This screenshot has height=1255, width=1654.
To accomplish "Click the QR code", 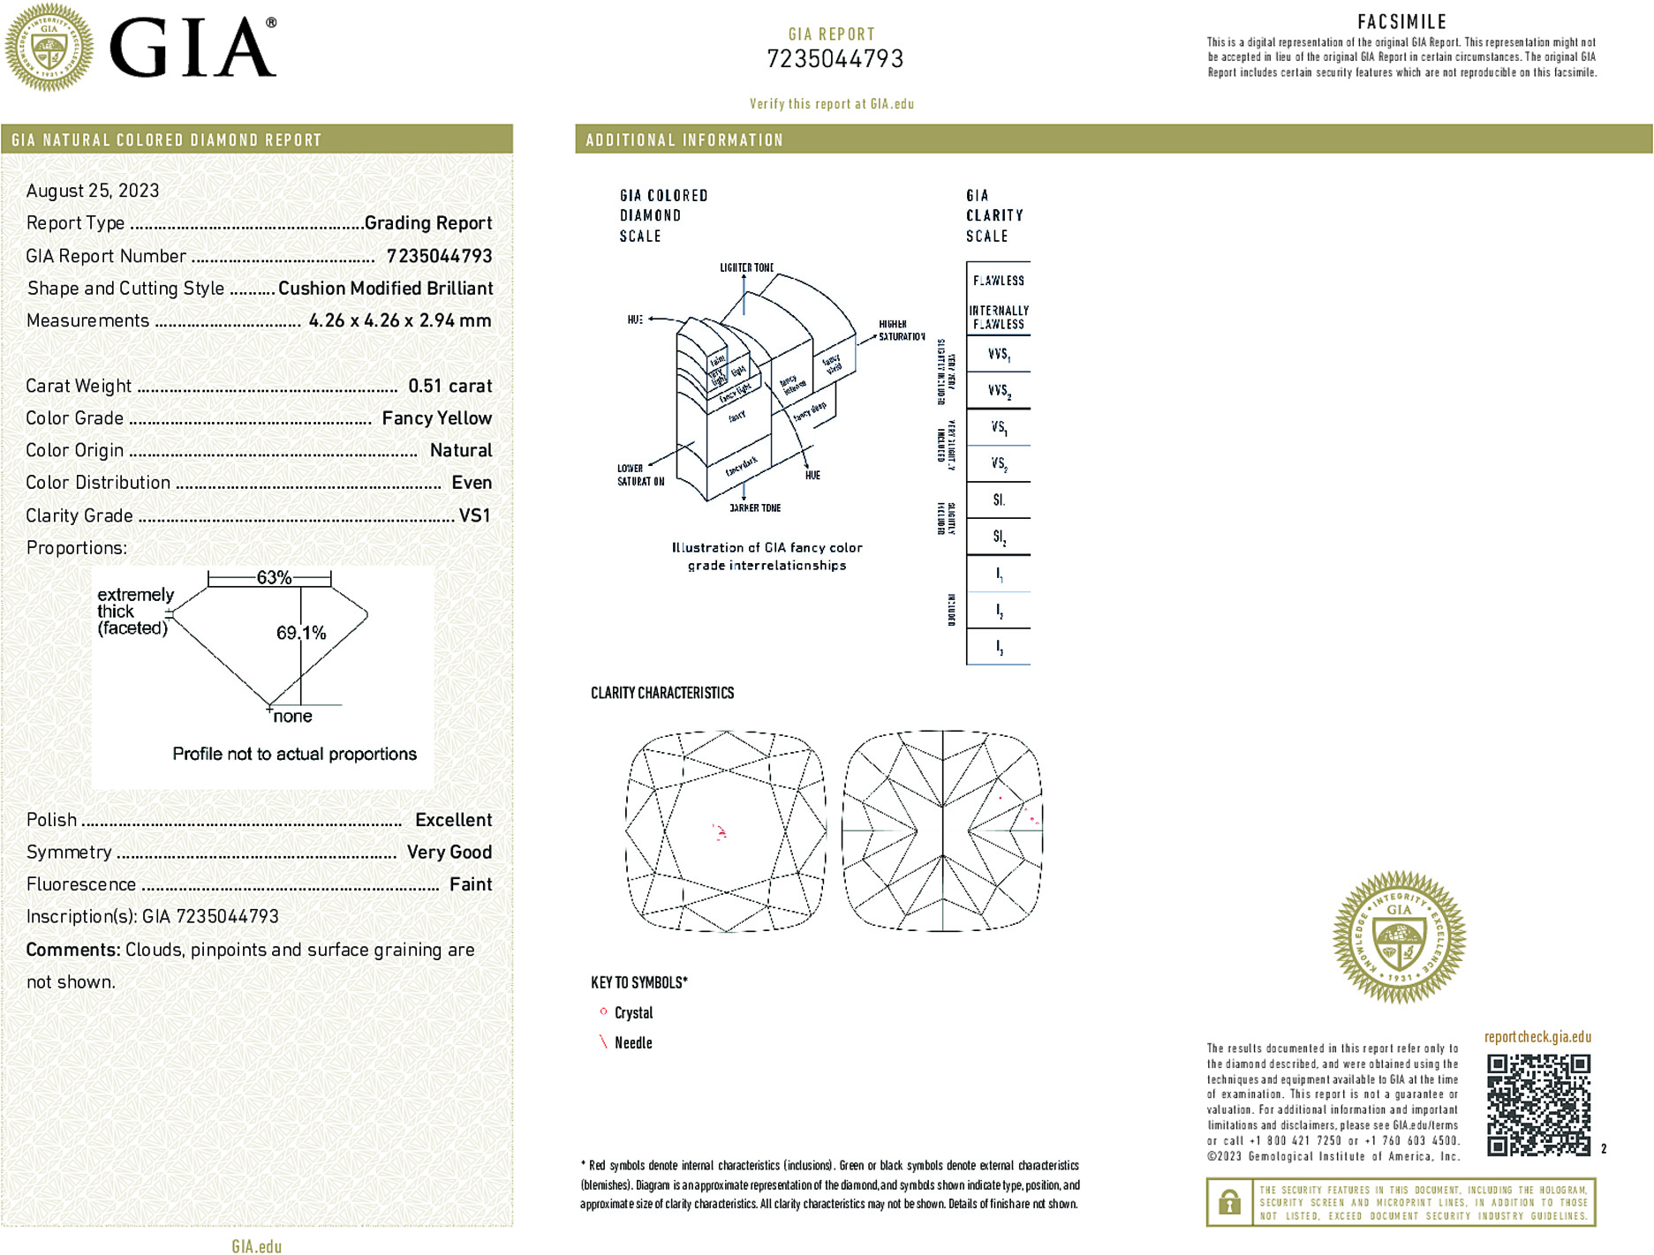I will (1538, 1104).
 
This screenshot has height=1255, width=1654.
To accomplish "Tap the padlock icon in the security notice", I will (1229, 1202).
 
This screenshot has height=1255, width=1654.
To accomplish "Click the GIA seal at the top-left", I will (49, 47).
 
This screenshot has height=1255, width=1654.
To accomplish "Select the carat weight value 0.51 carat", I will (449, 386).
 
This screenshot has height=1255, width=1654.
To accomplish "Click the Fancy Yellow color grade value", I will (436, 418).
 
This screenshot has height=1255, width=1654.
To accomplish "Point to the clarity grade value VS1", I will (474, 515).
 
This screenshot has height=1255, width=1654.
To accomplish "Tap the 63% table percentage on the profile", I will (274, 577).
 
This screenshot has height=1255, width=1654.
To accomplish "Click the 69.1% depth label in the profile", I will (301, 633).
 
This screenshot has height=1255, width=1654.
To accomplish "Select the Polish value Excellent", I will (453, 820).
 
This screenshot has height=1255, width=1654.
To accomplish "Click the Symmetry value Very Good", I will (449, 852).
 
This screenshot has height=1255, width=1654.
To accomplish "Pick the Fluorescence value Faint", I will (471, 884).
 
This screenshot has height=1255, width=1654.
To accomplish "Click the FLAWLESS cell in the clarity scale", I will (999, 281).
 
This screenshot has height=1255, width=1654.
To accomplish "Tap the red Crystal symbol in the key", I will (604, 1011).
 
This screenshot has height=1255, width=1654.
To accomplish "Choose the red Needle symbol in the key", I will (604, 1042).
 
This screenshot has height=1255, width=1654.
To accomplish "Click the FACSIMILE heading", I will (1401, 22).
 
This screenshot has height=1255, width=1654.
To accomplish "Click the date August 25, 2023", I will (93, 191).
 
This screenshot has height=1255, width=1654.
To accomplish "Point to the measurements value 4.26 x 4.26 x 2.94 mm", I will (400, 320).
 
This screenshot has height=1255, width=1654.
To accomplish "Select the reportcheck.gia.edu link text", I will (1537, 1037).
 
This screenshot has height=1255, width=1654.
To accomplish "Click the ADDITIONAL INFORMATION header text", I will (684, 140).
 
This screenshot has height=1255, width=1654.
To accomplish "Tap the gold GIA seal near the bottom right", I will (1399, 937).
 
